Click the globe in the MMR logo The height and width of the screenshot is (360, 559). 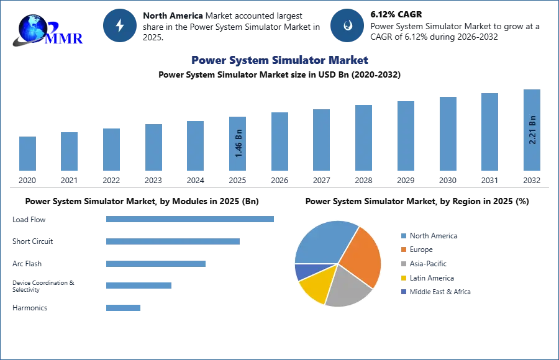30,27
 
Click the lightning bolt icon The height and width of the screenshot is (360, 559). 120,25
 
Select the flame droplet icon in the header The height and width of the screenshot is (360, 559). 347,25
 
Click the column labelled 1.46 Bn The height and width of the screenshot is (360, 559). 239,144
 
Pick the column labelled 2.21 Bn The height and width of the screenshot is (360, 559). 532,131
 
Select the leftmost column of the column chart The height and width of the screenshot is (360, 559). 27,154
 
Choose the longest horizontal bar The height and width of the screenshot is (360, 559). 191,218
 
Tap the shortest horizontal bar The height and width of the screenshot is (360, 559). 124,307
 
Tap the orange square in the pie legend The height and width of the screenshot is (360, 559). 403,250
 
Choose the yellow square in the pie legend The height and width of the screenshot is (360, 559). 403,278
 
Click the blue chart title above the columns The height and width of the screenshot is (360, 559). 280,60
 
